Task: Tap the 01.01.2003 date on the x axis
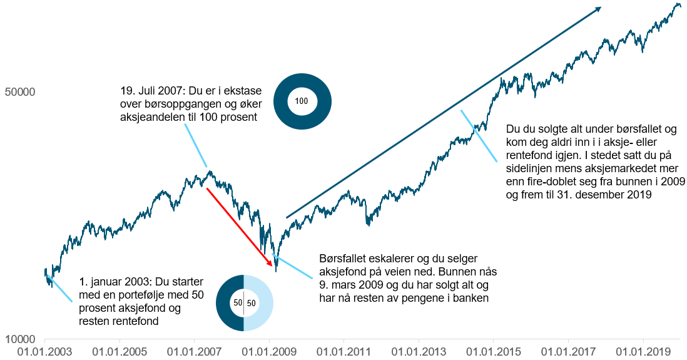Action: click(x=44, y=351)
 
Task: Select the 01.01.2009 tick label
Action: click(x=268, y=351)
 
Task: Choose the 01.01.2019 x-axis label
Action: click(x=642, y=351)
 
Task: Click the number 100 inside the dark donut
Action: click(x=302, y=101)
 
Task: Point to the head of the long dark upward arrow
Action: click(x=599, y=8)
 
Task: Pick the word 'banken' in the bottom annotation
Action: click(x=471, y=299)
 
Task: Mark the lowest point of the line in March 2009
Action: click(x=276, y=270)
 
